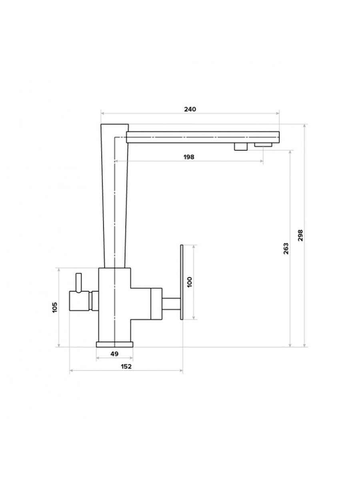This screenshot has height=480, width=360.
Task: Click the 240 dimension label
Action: tap(190, 110)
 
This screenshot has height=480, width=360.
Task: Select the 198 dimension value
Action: tap(189, 157)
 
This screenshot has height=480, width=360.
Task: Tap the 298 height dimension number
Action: tap(300, 235)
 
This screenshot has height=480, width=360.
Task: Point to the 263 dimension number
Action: tap(286, 249)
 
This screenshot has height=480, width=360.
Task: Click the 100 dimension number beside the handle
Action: tap(189, 282)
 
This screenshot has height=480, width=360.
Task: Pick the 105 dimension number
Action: tap(55, 307)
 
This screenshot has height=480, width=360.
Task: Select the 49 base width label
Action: tap(115, 354)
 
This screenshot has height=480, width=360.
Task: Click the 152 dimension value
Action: tap(126, 366)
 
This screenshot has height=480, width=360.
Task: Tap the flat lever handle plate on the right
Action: tap(182, 282)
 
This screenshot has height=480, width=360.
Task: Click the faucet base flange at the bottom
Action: tap(115, 344)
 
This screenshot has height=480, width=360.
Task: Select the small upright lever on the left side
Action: tap(79, 282)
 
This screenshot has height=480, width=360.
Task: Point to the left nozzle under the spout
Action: tap(241, 147)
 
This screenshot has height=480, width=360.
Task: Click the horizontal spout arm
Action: tap(202, 137)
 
